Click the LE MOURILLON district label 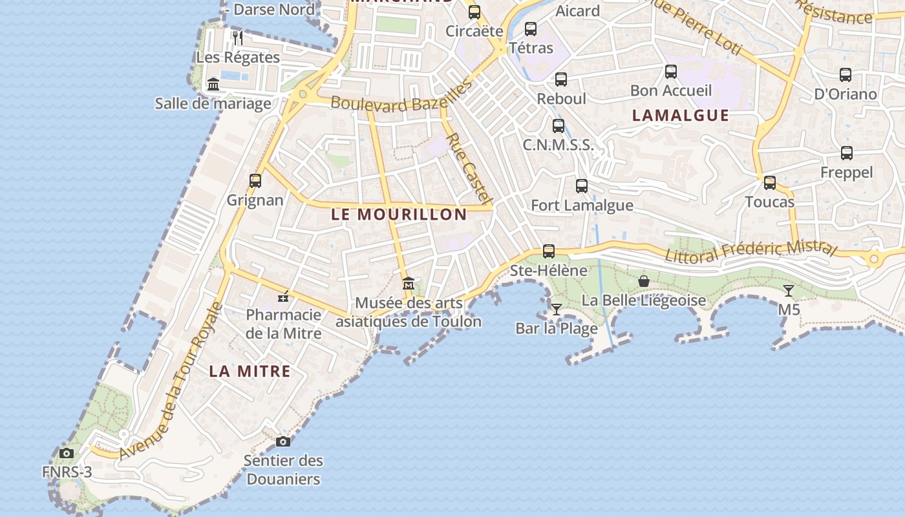(x=399, y=215)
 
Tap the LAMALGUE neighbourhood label (x=680, y=116)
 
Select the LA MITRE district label (x=250, y=372)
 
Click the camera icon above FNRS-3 (x=67, y=453)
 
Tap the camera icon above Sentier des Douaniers (x=283, y=441)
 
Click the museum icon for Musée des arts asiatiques (x=409, y=283)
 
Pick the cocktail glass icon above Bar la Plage (x=557, y=309)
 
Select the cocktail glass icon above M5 (x=789, y=290)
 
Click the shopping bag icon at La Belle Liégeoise (x=644, y=281)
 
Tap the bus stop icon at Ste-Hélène (x=549, y=251)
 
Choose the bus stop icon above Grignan (x=255, y=180)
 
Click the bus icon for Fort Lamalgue (x=582, y=186)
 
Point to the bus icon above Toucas (x=769, y=183)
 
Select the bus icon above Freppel (x=847, y=153)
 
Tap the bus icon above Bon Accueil (x=671, y=71)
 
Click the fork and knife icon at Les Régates (x=238, y=37)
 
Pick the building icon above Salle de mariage (x=213, y=84)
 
